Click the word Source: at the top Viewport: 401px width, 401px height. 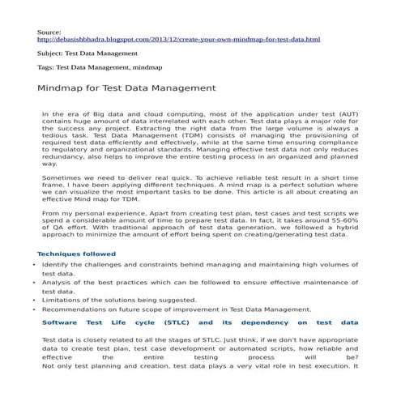[x=51, y=31]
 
